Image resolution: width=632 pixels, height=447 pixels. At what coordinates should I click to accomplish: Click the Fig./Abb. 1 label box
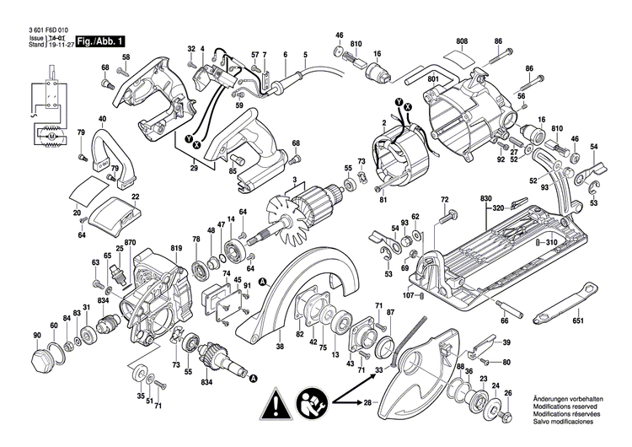(x=101, y=41)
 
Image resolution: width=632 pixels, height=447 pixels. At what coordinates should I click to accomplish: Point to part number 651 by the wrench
(x=578, y=320)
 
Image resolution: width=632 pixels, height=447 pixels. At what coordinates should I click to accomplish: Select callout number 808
(x=462, y=41)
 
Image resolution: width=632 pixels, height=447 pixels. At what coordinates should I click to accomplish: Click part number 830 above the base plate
(x=486, y=198)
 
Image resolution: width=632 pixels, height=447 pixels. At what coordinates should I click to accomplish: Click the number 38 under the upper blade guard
(x=279, y=345)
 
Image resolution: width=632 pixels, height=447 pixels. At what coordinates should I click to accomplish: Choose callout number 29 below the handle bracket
(x=193, y=170)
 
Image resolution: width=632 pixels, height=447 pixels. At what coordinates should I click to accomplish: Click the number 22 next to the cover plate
(x=135, y=197)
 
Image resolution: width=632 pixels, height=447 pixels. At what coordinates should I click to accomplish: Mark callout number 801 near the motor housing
(x=434, y=79)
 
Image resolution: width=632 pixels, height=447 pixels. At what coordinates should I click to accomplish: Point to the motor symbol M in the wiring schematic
(x=50, y=135)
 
